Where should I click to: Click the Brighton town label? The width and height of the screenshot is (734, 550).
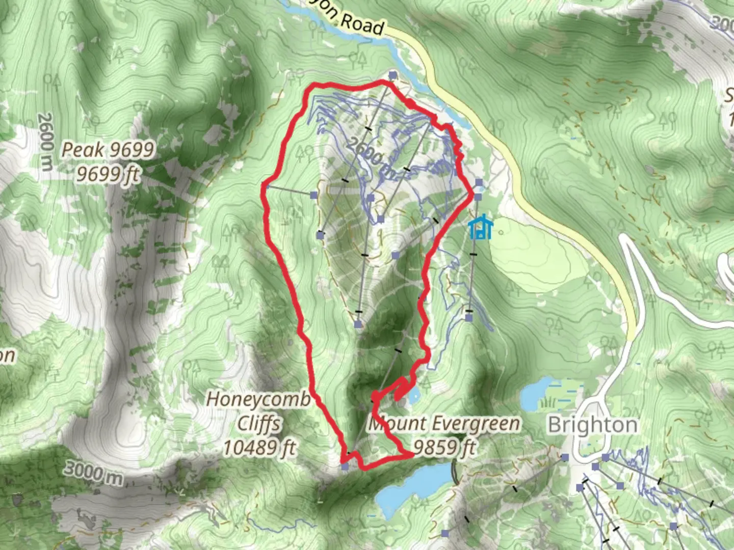593,425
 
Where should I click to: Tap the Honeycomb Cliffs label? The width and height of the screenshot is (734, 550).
258,423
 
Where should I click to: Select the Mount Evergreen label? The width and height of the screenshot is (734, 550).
444,424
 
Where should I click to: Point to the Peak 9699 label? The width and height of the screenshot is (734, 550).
108,150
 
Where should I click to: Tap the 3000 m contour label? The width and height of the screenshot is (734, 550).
93,474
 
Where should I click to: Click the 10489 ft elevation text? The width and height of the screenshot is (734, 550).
259,448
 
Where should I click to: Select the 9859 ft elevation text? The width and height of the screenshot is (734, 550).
444,447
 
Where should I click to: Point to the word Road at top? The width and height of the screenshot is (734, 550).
361,23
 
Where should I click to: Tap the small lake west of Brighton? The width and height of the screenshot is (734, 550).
535,393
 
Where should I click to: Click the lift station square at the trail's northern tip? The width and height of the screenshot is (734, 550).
392,75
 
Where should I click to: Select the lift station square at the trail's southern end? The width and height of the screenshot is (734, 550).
345,466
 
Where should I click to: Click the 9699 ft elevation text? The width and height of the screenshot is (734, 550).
108,174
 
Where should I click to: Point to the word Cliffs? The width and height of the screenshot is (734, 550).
259,423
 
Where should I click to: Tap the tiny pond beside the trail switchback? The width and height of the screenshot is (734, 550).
414,393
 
